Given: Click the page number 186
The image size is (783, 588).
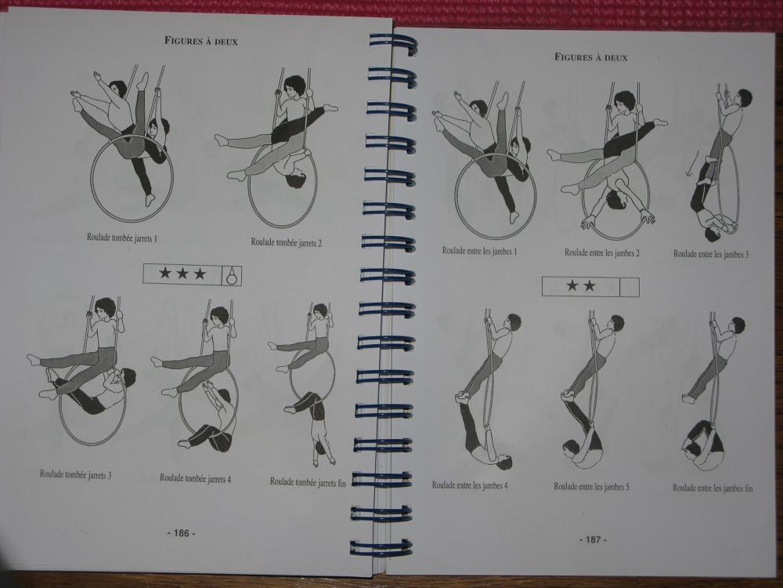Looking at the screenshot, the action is (x=181, y=533).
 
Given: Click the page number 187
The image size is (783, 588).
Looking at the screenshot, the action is (x=593, y=539).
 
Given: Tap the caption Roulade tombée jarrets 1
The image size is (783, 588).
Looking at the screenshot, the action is (x=122, y=238).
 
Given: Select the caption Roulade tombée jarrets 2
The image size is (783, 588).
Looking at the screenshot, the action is (x=286, y=242).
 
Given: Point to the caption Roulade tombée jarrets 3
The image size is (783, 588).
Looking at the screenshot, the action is (x=75, y=474).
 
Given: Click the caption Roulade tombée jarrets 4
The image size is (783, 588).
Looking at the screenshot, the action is (x=195, y=478).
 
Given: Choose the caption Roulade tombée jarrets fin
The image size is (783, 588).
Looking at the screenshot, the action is (x=308, y=481).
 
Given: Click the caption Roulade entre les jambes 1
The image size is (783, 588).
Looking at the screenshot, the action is (x=479, y=251).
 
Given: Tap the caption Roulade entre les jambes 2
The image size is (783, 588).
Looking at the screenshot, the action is (x=601, y=252).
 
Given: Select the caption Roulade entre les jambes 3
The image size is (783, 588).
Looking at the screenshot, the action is (x=711, y=254).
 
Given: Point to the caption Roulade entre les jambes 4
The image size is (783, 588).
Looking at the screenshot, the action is (x=470, y=485).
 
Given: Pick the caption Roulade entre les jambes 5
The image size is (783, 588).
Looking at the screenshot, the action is (x=592, y=486).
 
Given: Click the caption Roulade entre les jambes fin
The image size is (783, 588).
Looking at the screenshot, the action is (x=713, y=488).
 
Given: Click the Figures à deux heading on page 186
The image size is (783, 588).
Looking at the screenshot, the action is (x=200, y=41).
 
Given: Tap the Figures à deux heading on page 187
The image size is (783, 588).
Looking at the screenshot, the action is (x=590, y=57).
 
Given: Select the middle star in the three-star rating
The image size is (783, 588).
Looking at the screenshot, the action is (x=182, y=274).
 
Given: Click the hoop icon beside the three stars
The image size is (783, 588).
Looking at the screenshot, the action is (x=231, y=275).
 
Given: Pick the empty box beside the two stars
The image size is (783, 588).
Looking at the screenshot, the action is (x=630, y=287).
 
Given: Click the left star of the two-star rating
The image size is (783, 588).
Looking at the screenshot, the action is (x=572, y=285).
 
